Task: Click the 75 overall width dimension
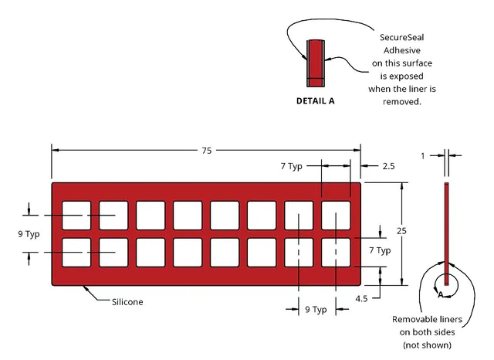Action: [207, 151]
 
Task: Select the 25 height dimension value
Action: [401, 231]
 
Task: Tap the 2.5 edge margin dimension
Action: [388, 166]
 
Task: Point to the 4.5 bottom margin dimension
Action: [361, 298]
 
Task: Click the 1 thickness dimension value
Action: [423, 156]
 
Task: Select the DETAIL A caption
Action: [316, 101]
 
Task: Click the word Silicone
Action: [127, 302]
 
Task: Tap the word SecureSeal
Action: [401, 38]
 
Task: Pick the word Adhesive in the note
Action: [401, 50]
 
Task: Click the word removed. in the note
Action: [401, 102]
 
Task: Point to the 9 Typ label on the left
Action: [29, 234]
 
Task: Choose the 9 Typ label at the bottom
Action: [316, 310]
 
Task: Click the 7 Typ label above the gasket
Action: [292, 166]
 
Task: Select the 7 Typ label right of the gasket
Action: [380, 250]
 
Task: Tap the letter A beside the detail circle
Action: [441, 294]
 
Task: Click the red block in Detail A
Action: [316, 63]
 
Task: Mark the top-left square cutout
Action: [76, 216]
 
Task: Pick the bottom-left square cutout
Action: [76, 253]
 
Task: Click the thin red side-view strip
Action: [446, 234]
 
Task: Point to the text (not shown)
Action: [427, 345]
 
